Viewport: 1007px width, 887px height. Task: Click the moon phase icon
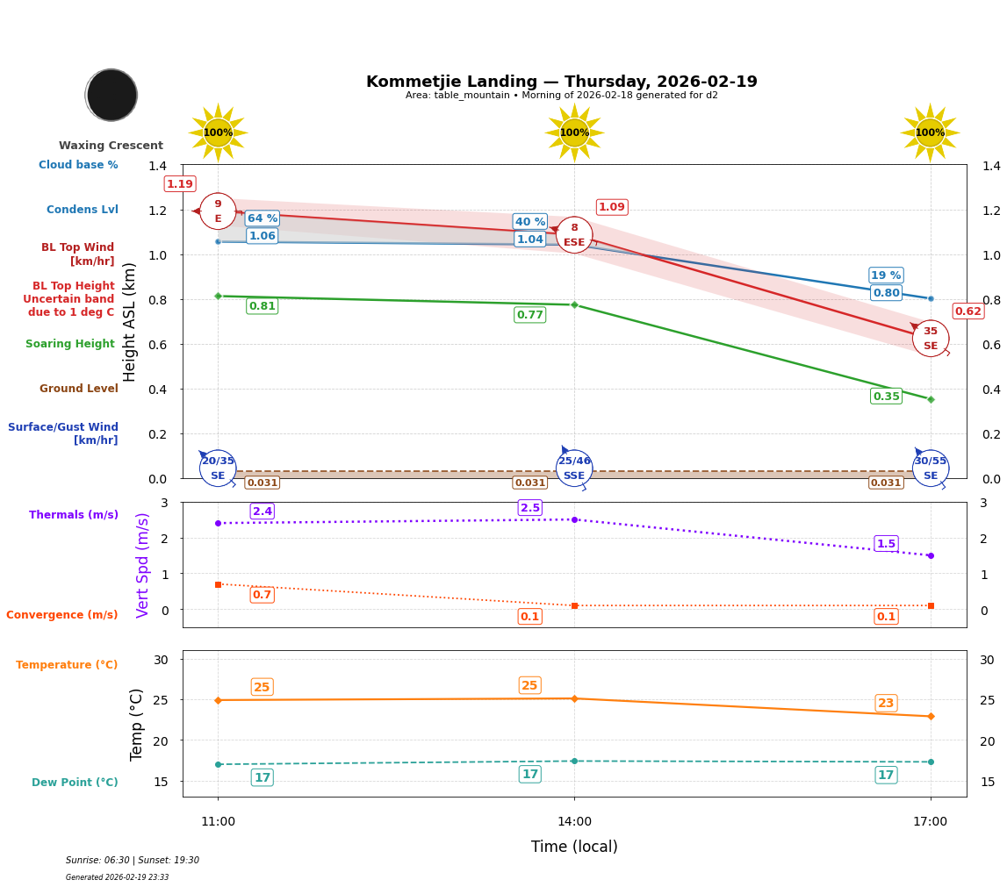(x=111, y=95)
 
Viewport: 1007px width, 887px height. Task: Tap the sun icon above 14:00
(x=574, y=132)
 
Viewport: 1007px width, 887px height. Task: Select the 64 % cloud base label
(x=262, y=218)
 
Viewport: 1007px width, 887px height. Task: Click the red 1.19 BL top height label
(x=179, y=184)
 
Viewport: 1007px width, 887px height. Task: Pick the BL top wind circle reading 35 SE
(x=930, y=339)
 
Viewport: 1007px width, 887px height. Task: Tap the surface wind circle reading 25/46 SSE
(x=574, y=469)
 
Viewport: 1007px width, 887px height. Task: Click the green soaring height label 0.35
(x=886, y=397)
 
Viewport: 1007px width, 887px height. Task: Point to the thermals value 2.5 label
(x=529, y=508)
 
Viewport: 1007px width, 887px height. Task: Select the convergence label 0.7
(x=262, y=595)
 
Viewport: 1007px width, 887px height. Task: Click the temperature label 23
(x=886, y=703)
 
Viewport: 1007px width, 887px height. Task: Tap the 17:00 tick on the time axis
(x=930, y=822)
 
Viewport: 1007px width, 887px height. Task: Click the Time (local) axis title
(x=574, y=847)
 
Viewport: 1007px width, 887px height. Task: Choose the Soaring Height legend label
(x=70, y=344)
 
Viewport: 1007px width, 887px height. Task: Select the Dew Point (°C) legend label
(x=75, y=783)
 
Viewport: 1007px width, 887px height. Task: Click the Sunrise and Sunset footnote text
(x=133, y=861)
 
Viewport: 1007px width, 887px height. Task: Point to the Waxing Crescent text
(x=111, y=146)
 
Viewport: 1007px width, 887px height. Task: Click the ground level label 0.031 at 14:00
(x=529, y=483)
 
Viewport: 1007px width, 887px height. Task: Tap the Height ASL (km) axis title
(x=130, y=322)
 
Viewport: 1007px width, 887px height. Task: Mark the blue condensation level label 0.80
(x=886, y=293)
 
